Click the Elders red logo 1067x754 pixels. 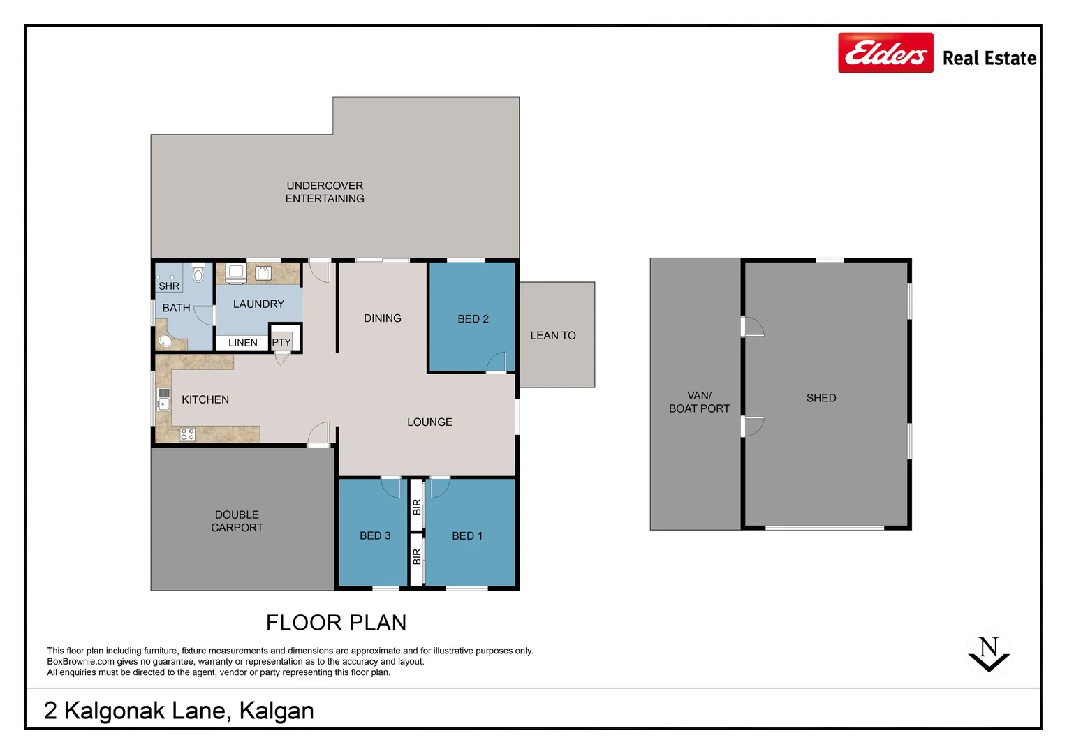pos(885,53)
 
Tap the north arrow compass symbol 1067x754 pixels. pos(989,654)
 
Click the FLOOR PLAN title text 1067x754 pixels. pos(336,622)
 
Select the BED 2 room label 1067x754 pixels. pos(473,319)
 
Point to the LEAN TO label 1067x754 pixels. pos(552,336)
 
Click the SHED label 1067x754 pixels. pos(821,398)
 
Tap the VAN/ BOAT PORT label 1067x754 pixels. pos(699,402)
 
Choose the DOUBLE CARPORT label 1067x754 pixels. pos(237,522)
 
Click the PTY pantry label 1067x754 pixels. pos(281,342)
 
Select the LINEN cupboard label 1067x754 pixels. pos(242,343)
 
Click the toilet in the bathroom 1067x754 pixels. pos(198,273)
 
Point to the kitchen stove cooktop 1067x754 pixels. pos(187,434)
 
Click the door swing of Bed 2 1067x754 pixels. pos(496,362)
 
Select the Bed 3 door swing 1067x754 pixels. pos(391,487)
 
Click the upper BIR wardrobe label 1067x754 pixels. pos(417,507)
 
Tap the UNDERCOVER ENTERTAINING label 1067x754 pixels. pos(325,192)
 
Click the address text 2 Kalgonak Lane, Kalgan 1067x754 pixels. pos(179,711)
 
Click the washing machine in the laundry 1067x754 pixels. pos(235,272)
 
